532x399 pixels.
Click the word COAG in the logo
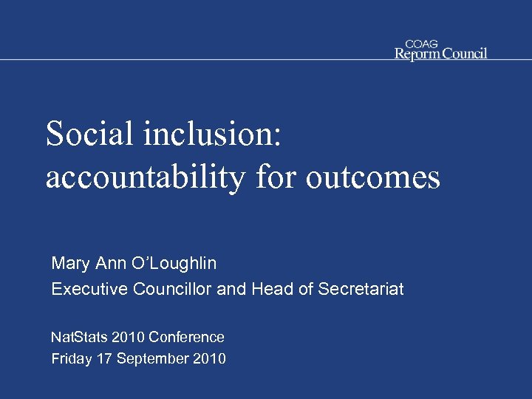(x=421, y=44)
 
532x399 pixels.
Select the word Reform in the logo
(x=418, y=53)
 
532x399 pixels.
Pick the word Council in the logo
(x=465, y=53)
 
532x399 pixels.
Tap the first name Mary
(x=69, y=262)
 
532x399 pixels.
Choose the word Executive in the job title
(x=90, y=289)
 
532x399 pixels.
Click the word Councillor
(x=173, y=289)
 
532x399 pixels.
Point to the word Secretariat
(x=361, y=289)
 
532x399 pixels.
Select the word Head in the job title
(x=273, y=289)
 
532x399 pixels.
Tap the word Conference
(x=186, y=337)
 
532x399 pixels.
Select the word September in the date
(x=152, y=359)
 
